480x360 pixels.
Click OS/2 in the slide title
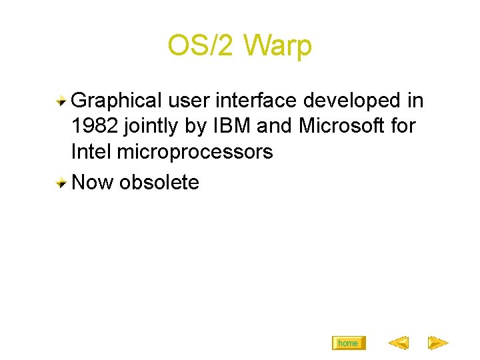click(x=202, y=46)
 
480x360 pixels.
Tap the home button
click(x=348, y=343)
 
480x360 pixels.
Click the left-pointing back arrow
click(x=398, y=343)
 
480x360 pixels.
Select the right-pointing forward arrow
click(x=437, y=343)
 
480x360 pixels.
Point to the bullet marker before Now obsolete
click(x=61, y=182)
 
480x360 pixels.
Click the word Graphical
click(x=116, y=101)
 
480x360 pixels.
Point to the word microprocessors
click(x=195, y=152)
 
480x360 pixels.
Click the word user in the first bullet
click(x=188, y=101)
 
